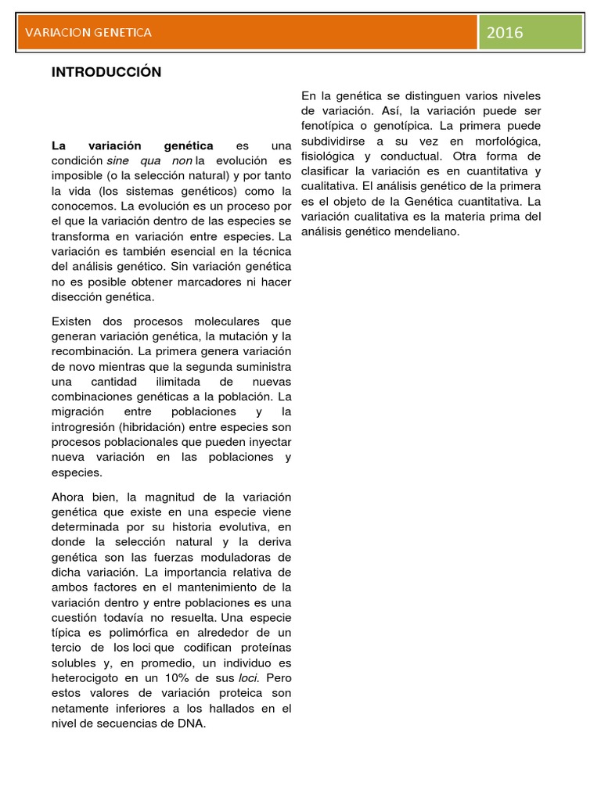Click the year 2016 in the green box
[x=505, y=32]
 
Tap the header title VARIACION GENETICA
[x=88, y=32]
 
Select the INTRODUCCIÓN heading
[x=106, y=72]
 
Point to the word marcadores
[x=186, y=282]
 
